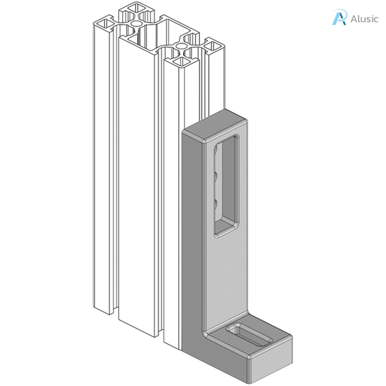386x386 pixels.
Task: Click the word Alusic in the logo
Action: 364,19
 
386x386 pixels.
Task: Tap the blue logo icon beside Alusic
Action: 339,18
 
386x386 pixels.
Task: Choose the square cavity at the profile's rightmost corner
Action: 214,47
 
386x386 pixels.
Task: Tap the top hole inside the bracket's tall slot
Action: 216,151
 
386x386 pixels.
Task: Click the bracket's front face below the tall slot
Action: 226,279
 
